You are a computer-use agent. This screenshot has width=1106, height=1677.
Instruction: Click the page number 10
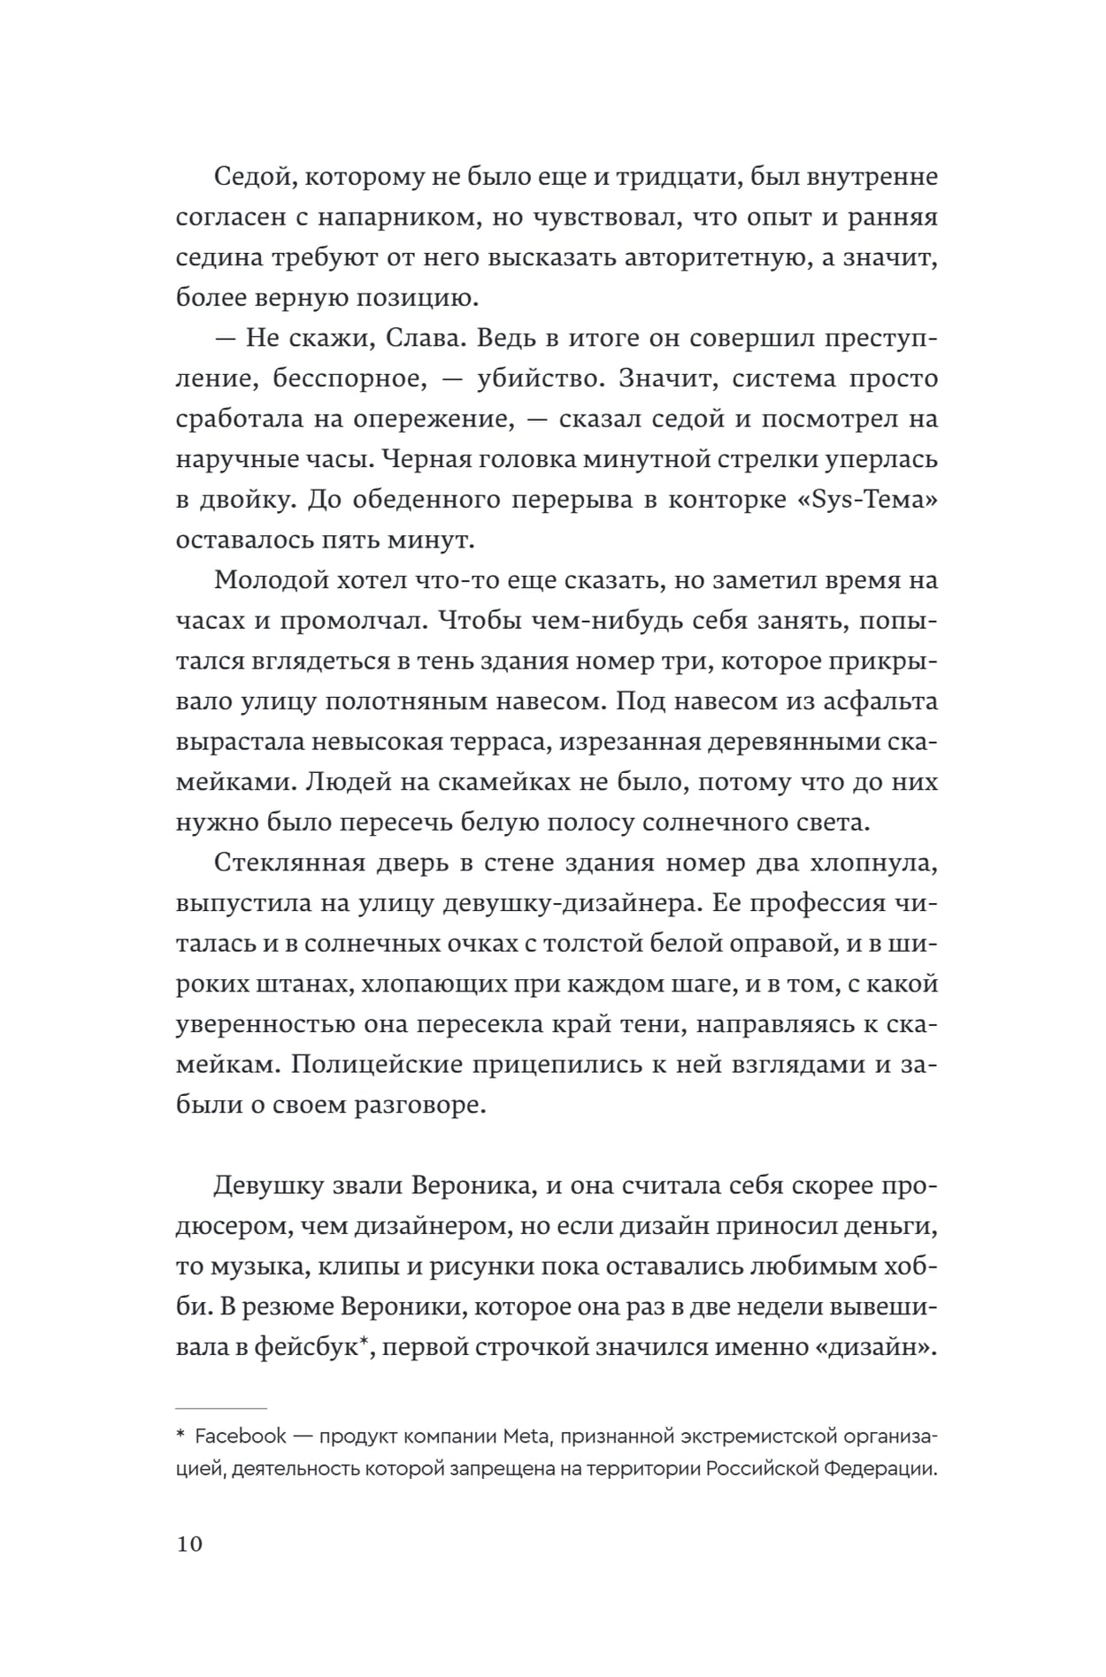coord(189,1544)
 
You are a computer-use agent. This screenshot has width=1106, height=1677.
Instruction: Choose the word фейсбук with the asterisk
coord(311,1347)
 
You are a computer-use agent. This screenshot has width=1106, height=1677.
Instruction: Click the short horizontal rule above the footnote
coord(221,1407)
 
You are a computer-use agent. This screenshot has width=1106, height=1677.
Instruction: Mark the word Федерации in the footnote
coord(879,1469)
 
